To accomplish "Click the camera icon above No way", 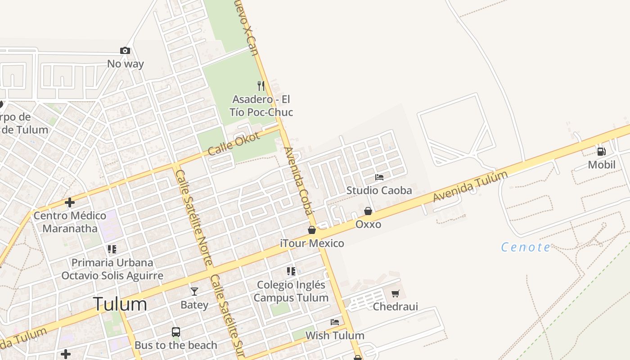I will point(125,50).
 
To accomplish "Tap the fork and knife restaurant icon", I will point(261,85).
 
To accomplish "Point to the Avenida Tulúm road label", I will point(470,186).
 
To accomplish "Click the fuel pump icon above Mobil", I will point(601,152).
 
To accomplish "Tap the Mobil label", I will point(602,165).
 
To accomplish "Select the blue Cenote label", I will point(526,247).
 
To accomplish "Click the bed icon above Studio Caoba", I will point(379,177).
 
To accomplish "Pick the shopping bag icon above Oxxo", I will point(368,211).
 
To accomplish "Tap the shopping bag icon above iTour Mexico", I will point(312,230).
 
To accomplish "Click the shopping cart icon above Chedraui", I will point(395,294).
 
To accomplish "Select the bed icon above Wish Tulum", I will point(335,322).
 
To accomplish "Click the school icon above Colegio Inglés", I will point(291,271).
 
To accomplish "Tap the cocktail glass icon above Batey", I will point(194,292).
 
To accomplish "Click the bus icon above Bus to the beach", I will point(176,332).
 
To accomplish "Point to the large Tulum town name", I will point(120,304).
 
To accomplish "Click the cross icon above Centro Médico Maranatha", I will point(70,202).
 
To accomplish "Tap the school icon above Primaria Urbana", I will point(112,249).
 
